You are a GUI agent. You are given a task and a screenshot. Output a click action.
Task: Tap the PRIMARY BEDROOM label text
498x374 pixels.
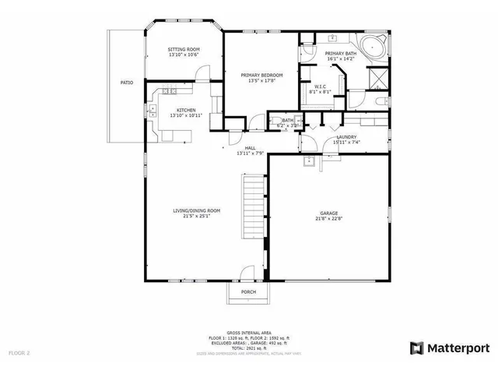[x=261, y=75]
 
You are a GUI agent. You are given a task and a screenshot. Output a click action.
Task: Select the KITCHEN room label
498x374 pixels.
[x=186, y=110]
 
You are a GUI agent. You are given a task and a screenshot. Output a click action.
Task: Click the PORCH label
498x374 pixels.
[x=248, y=292]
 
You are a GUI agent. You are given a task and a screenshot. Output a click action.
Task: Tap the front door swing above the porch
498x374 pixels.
[x=247, y=273]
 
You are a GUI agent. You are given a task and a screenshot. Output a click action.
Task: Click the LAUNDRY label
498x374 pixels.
[x=346, y=137]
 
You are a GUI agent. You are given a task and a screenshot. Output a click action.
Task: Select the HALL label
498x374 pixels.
[x=251, y=147]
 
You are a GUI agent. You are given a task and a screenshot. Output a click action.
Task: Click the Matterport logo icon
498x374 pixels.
[x=417, y=347]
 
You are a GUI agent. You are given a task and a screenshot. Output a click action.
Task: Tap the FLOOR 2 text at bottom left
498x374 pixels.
[x=19, y=353]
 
